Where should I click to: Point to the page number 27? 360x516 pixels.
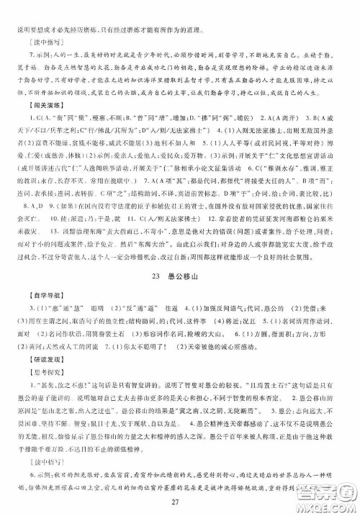tap(180, 500)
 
